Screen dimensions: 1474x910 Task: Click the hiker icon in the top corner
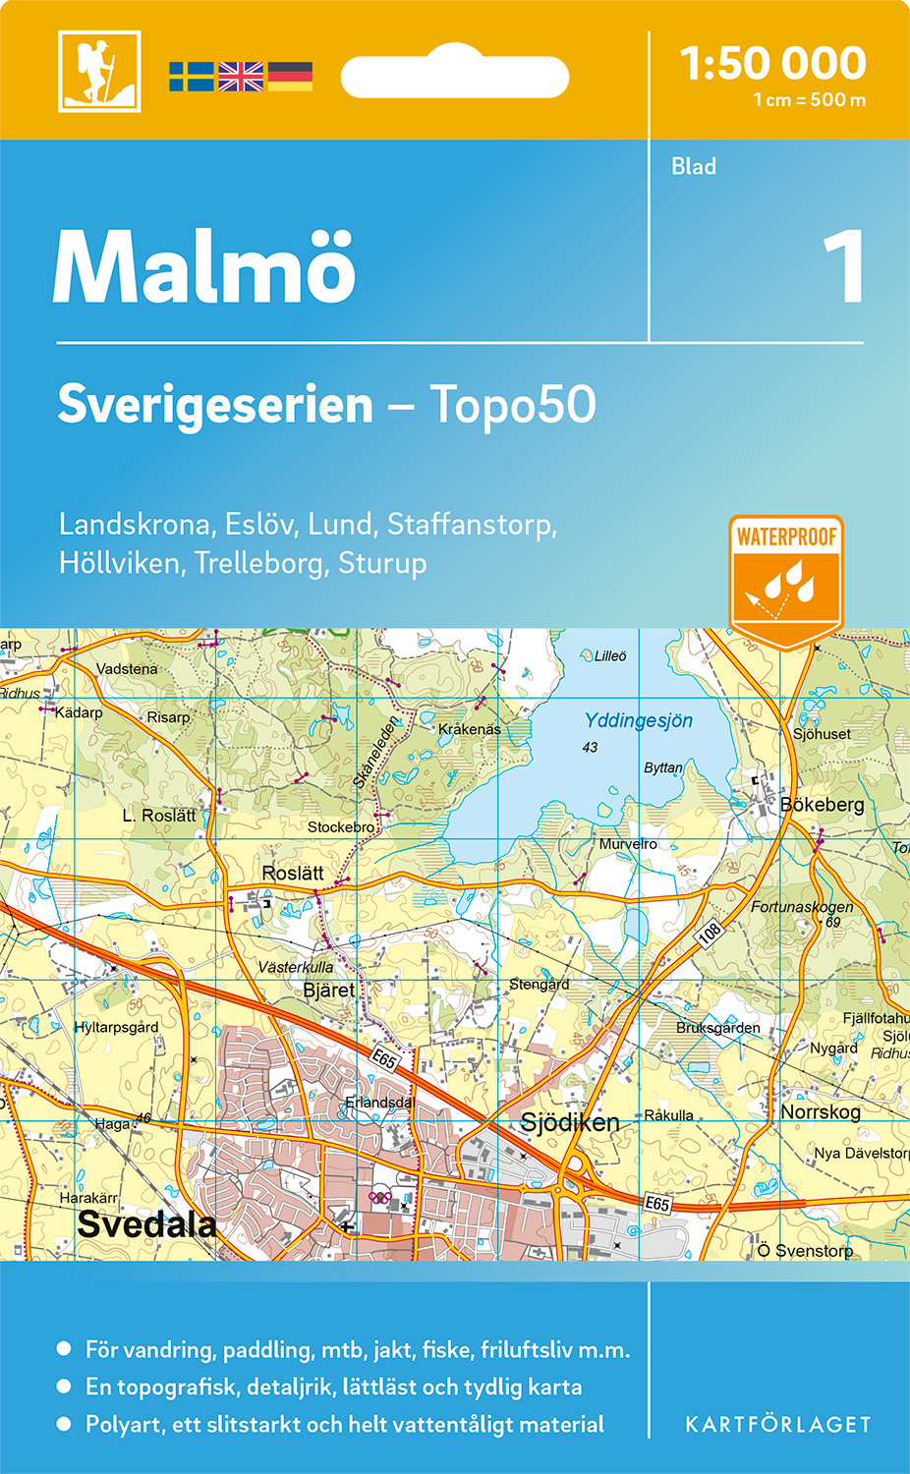(99, 71)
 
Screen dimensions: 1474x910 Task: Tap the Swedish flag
(191, 77)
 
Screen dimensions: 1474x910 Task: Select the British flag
(241, 77)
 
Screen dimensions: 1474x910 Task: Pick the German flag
(290, 77)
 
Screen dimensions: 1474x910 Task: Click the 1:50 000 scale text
(773, 64)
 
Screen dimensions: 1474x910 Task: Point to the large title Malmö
(204, 267)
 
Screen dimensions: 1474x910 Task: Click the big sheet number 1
(842, 267)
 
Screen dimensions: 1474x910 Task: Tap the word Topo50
(513, 405)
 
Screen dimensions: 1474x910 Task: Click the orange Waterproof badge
(786, 580)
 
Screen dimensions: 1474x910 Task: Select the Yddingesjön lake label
(639, 720)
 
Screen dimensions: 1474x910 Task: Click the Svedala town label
(146, 1224)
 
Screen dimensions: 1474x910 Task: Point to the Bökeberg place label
(823, 805)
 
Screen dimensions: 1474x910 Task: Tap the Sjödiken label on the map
(570, 1122)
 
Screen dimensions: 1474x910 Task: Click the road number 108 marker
(710, 933)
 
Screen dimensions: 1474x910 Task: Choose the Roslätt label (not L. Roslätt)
(293, 873)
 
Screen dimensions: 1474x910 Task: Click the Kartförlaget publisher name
(778, 1425)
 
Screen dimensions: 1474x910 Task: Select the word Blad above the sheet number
(694, 167)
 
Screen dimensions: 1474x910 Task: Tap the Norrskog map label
(821, 1111)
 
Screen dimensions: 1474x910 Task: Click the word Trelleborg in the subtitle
(260, 563)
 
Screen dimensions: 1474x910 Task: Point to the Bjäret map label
(329, 990)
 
